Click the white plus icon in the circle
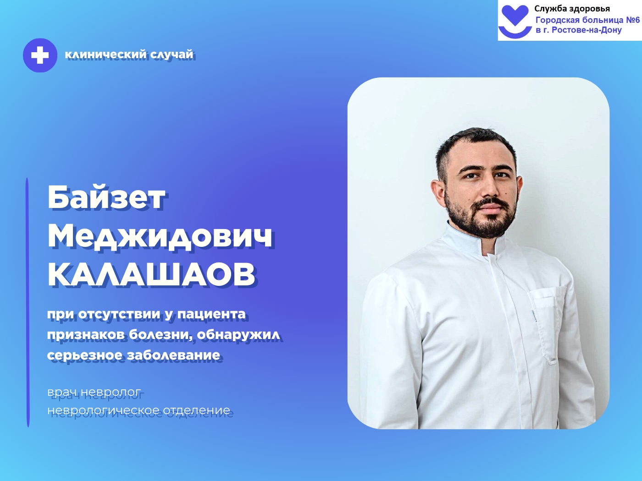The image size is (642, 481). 40,55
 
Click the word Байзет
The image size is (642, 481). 107,198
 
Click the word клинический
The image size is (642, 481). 106,55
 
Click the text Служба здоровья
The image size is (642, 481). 572,9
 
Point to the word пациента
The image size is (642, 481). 211,315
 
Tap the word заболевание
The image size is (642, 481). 173,355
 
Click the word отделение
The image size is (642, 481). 197,410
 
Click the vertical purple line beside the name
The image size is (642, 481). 28,302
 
